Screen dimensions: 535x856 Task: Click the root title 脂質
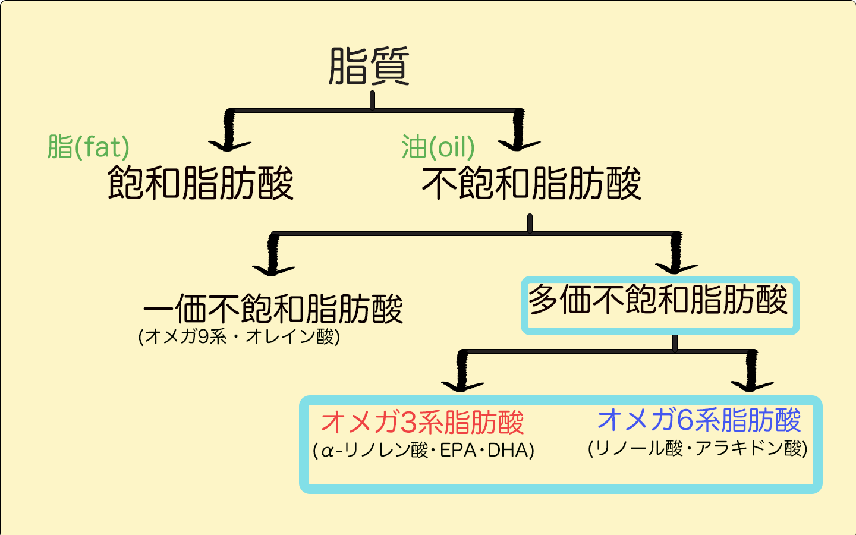[x=369, y=66]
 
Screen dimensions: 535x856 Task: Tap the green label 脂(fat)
[x=88, y=146]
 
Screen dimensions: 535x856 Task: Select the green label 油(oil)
[x=438, y=146]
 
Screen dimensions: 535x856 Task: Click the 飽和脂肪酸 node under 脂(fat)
[x=200, y=182]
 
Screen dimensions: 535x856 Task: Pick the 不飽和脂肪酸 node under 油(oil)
[x=531, y=182]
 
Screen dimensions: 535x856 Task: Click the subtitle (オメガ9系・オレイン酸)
[x=239, y=336]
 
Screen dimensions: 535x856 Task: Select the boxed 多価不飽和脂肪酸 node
[x=658, y=300]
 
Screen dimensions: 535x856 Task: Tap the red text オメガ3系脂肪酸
[x=422, y=422]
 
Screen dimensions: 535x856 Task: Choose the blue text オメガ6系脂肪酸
[x=699, y=420]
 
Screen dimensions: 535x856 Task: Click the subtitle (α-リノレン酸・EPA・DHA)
[x=423, y=450]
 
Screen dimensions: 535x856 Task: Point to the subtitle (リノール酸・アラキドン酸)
[x=697, y=448]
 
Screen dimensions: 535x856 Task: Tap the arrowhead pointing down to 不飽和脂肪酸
[x=518, y=144]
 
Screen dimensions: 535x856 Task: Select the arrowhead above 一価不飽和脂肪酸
[x=273, y=269]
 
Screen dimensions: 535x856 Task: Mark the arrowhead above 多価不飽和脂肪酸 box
[x=676, y=267]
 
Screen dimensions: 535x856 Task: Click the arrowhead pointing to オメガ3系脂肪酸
[x=462, y=386]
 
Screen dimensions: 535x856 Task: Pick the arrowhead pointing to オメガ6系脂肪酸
[x=751, y=385]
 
